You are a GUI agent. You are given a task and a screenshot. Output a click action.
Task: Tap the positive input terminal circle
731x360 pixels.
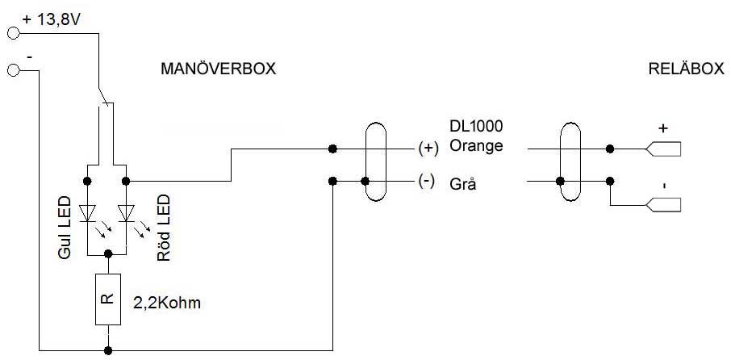point(12,33)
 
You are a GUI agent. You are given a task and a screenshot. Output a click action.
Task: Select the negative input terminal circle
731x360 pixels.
point(12,71)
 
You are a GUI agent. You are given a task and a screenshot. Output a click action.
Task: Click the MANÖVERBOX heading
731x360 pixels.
point(219,69)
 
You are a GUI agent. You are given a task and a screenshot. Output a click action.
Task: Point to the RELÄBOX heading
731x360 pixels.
point(686,69)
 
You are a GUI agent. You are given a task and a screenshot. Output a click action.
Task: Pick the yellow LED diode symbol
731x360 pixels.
point(89,213)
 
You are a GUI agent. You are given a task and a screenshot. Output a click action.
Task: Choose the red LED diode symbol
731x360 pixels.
point(125,213)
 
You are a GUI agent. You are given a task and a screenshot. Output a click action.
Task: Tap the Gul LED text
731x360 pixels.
point(65,228)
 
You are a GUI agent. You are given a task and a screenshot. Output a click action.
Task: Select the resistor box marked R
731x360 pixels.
point(107,299)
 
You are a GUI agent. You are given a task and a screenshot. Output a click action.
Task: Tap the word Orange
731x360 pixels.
point(477,147)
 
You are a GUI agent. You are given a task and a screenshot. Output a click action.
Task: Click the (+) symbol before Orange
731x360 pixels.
point(427,149)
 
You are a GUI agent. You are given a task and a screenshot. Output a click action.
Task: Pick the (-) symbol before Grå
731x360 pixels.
point(427,182)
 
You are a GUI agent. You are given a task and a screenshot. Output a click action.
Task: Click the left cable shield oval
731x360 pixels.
point(374,164)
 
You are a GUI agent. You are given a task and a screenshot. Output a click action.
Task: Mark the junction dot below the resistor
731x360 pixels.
point(107,350)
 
